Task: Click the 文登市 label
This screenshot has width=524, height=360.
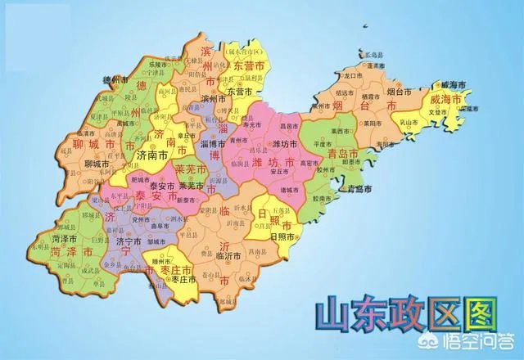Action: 457,111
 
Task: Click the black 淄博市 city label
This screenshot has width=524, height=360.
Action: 210,144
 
